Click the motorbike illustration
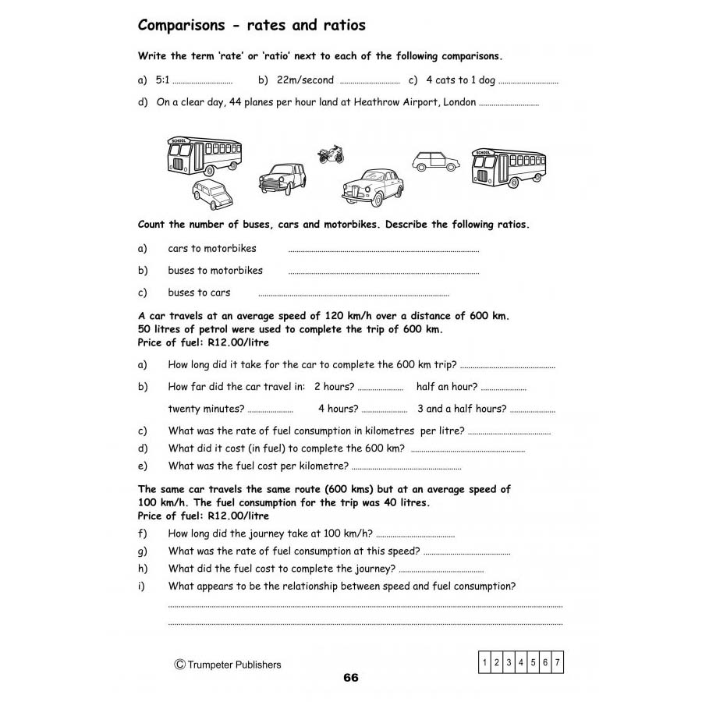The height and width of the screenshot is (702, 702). (331, 153)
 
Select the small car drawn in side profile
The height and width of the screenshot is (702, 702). (435, 161)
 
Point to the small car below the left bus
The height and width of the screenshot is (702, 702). (212, 194)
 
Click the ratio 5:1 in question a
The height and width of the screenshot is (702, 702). (162, 80)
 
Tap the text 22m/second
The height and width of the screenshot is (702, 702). (305, 80)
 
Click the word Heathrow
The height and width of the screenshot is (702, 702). (375, 102)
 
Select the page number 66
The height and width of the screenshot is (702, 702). (351, 677)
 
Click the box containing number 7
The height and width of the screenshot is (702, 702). (558, 663)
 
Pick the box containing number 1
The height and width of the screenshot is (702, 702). (484, 663)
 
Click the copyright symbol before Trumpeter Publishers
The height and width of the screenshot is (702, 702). (179, 665)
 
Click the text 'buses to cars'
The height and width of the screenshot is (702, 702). (199, 292)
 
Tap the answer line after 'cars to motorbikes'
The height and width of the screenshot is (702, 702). (383, 251)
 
